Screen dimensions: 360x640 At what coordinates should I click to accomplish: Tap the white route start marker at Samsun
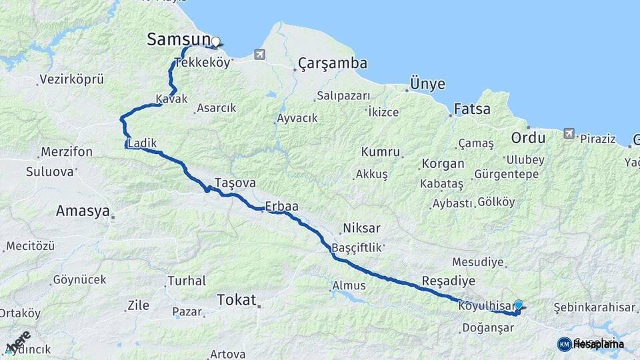(215, 42)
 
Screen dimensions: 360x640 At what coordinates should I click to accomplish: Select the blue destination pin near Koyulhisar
(518, 305)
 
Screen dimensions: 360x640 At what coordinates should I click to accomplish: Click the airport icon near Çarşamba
(259, 54)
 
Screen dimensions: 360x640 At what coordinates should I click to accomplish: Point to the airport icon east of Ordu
(568, 133)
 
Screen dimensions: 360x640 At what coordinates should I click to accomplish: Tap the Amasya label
(83, 211)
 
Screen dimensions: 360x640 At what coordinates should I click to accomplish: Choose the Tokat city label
(236, 301)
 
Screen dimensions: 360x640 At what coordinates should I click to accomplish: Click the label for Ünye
(427, 85)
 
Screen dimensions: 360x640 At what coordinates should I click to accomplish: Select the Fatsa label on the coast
(472, 109)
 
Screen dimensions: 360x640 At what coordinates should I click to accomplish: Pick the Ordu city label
(527, 139)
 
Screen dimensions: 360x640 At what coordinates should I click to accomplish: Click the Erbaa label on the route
(281, 207)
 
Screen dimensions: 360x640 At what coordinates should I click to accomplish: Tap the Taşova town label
(235, 182)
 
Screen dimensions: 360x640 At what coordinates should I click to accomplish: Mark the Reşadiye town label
(448, 279)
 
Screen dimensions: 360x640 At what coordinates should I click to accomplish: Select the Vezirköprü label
(71, 79)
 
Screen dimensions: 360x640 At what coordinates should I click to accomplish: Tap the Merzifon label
(66, 151)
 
